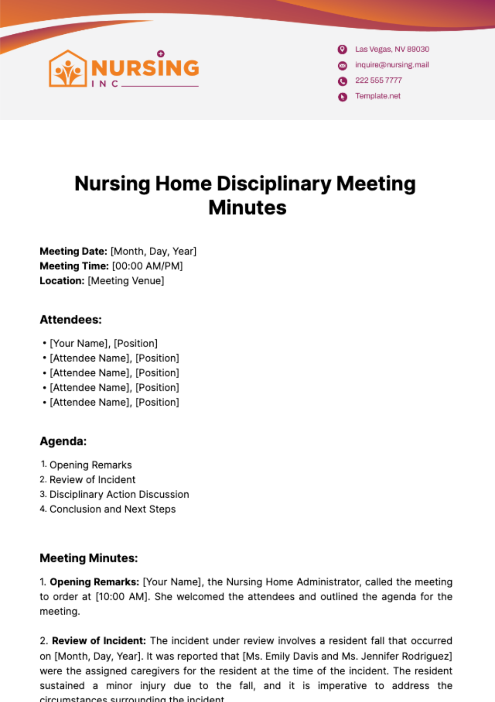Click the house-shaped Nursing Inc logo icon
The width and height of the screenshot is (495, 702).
tap(68, 69)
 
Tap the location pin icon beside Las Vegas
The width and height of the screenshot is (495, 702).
tap(342, 50)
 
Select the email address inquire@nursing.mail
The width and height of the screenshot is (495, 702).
tap(392, 65)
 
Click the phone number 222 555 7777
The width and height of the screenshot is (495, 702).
tap(378, 81)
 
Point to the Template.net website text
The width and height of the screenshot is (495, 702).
tap(378, 96)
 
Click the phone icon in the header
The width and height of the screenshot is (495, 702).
tap(342, 81)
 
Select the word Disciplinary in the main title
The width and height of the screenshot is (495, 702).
tap(274, 184)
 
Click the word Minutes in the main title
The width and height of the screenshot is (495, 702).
tap(247, 208)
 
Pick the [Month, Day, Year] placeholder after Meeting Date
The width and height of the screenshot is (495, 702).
tap(153, 251)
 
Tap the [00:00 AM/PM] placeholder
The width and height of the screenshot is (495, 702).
tap(147, 266)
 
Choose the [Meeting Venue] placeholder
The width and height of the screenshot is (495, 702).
tap(126, 281)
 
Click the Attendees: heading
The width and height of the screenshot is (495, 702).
tap(71, 320)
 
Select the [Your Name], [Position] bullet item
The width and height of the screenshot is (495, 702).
tap(104, 344)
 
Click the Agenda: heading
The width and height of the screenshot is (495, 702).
tap(63, 441)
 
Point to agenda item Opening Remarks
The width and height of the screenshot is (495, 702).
tap(91, 465)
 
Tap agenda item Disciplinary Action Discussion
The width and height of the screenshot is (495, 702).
tap(119, 495)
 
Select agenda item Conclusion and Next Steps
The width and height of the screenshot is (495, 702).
tap(113, 510)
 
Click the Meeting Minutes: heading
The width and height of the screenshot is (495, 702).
tap(89, 558)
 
